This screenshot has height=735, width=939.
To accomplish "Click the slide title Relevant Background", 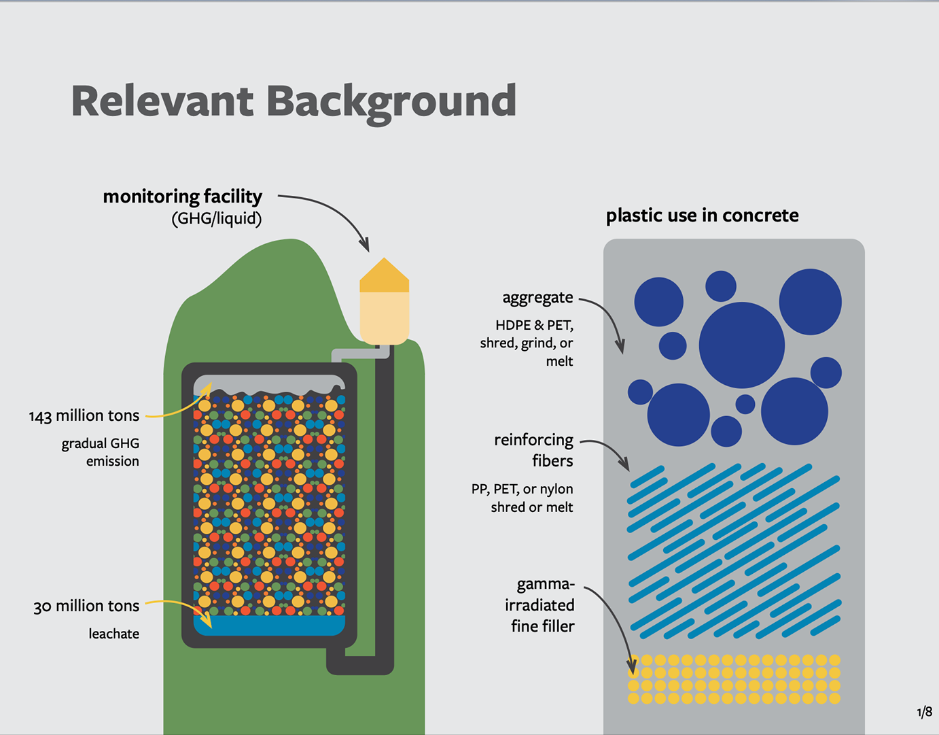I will coord(294,101).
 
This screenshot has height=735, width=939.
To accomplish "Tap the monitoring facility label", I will coord(182,196).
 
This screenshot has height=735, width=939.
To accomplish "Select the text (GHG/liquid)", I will coord(216,219).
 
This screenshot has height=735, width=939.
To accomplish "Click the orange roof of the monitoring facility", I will coord(384,276).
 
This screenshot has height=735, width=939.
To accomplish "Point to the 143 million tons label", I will coord(84,415).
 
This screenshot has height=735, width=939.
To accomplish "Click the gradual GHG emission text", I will coord(101,452).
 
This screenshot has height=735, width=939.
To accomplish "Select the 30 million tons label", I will coord(86,606).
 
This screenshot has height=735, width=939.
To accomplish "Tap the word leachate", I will coord(113,634).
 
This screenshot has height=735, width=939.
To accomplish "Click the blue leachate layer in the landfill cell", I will coord(269,625).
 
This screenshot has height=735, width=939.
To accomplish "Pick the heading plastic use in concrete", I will coord(702,216).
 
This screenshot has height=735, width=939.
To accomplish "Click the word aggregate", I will coord(537,298).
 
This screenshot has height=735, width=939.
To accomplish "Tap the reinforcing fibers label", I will coord(534,450).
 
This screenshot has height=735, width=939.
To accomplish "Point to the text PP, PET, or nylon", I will coord(522,489).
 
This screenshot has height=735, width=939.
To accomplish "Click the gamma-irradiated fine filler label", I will coord(543,605).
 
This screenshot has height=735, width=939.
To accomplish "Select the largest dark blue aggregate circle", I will coord(741,345).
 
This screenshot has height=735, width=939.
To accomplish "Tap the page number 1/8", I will coord(924,712).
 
